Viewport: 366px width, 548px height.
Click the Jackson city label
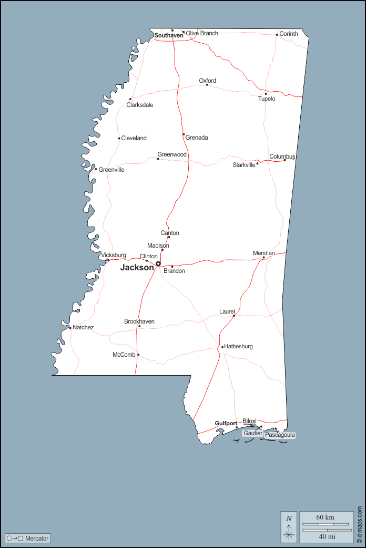point(137,268)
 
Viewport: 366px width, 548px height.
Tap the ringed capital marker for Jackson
point(158,263)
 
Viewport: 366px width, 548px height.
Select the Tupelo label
point(267,99)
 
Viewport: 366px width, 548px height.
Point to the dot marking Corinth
point(277,35)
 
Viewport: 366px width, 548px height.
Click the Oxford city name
point(207,81)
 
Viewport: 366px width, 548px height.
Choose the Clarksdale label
point(140,105)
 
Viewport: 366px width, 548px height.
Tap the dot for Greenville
point(96,169)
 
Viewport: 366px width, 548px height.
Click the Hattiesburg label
point(239,347)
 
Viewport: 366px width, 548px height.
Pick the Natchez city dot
point(70,328)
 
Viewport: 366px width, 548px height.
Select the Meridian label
point(264,253)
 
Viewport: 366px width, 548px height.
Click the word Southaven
point(168,36)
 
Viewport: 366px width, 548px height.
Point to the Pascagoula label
point(280,435)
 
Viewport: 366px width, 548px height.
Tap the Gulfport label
point(226,423)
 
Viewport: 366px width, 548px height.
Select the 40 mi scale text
point(326,537)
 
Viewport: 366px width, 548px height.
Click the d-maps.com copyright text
point(360,525)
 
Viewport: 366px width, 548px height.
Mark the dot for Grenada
point(184,134)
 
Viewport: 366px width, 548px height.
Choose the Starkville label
point(244,165)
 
